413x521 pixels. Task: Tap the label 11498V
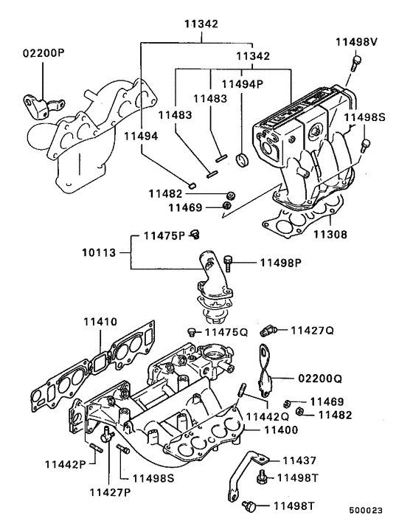pos(356,41)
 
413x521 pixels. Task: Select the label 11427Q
pos(312,330)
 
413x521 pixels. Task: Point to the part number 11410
pos(100,322)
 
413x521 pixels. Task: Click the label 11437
pos(299,459)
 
